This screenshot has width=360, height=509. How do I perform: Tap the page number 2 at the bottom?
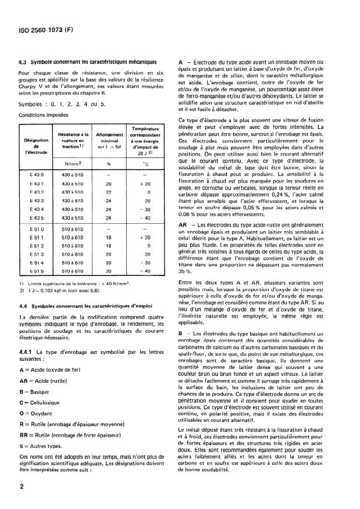tap(22, 487)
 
